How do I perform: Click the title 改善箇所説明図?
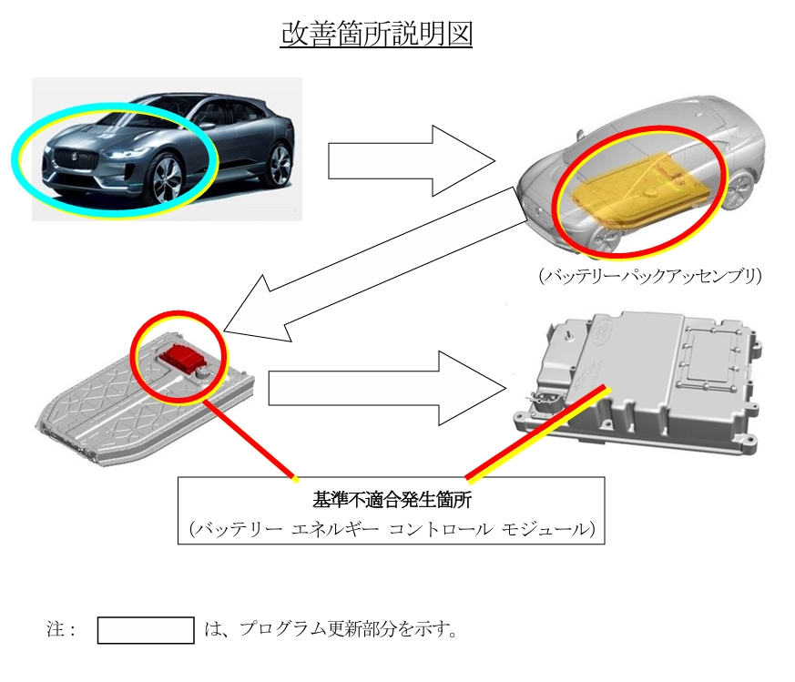[376, 34]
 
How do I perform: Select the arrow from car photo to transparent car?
[409, 160]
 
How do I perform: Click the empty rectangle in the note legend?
[146, 630]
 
